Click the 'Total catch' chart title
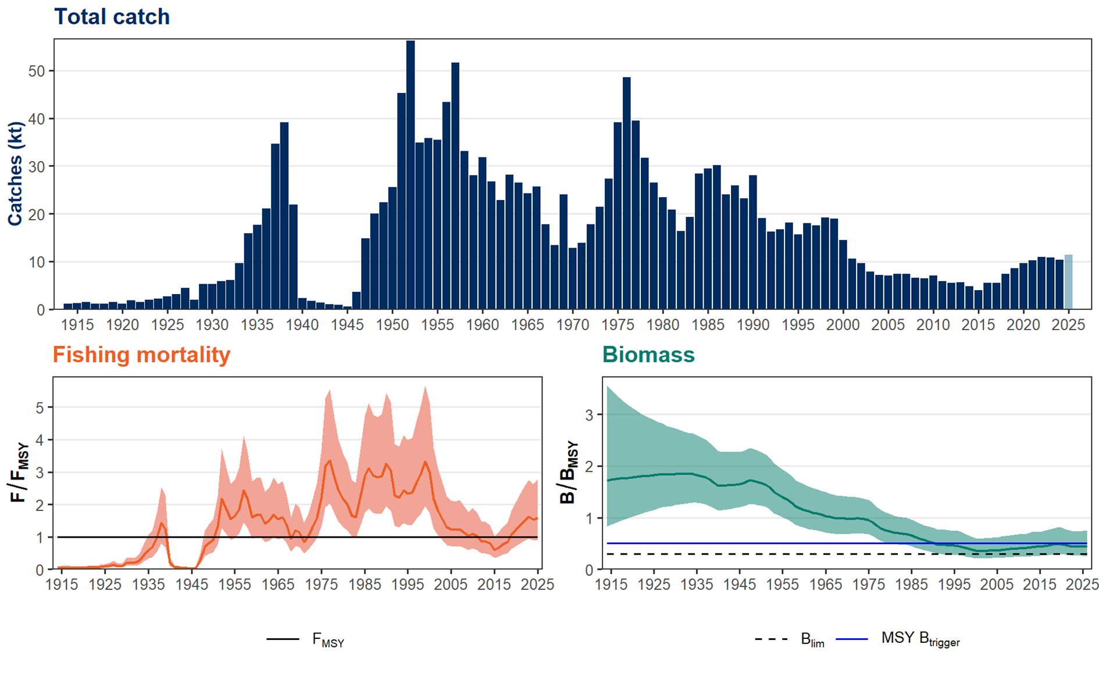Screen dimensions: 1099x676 (112, 17)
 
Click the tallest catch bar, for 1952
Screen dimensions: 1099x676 (411, 175)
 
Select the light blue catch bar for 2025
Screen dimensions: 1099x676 (1068, 282)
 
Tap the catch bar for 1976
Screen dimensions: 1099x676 (626, 194)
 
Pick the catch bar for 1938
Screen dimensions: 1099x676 (284, 216)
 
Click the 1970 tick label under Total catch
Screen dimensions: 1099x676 (573, 325)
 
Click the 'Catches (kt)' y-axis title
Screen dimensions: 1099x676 (15, 174)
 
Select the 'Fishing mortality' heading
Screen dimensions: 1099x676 (141, 355)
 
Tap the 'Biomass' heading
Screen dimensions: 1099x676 (648, 355)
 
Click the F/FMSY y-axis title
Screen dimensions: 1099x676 (19, 473)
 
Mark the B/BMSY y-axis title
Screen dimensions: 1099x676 (569, 473)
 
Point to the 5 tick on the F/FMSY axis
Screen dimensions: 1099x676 (40, 407)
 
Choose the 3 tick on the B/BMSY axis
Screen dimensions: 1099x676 (590, 415)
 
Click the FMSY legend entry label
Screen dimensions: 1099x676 (329, 640)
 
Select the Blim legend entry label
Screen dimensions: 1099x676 (812, 640)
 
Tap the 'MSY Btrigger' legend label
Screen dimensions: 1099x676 (920, 639)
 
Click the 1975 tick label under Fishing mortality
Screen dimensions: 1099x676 (322, 584)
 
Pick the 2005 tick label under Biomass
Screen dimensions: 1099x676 (997, 584)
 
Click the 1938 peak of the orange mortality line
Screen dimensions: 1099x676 (162, 523)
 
